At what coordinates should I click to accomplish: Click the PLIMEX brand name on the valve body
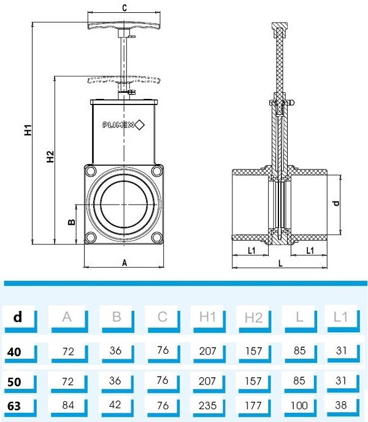(118, 125)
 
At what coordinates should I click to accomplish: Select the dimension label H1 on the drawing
(28, 131)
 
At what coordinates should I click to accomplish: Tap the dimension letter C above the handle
(125, 8)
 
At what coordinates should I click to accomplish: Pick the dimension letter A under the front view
(125, 262)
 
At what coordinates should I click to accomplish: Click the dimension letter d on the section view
(335, 203)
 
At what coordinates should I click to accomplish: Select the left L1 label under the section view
(251, 251)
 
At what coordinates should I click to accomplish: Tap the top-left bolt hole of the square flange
(91, 171)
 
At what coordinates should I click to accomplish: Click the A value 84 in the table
(67, 405)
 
